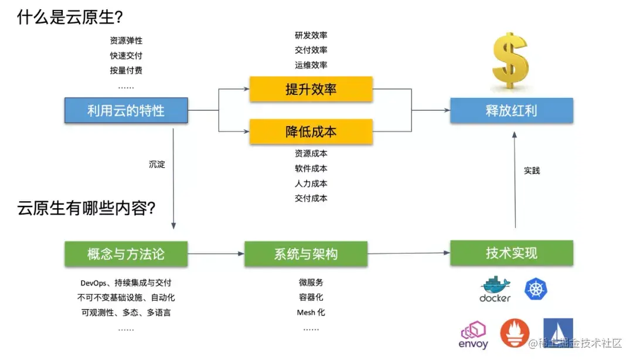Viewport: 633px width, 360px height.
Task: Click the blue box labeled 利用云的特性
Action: pos(126,110)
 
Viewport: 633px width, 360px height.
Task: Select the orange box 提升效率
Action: pos(311,89)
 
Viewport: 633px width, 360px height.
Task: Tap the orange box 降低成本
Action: pos(311,132)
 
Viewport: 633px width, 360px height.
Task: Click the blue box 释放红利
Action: pos(511,110)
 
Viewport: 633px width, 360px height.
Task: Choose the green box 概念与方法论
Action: pos(126,254)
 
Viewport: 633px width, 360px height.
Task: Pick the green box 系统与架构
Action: pos(306,254)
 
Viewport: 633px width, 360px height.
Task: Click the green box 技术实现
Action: pos(511,253)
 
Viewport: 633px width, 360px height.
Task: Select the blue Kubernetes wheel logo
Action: pos(536,288)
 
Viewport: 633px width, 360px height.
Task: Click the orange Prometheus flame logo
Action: pos(515,333)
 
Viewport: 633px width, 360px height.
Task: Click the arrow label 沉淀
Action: pos(157,165)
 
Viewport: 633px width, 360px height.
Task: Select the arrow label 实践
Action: pos(532,171)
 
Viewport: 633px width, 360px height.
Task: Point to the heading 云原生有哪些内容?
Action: pos(87,208)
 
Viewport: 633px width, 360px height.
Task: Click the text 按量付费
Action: pos(126,70)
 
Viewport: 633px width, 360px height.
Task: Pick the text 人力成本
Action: pos(311,184)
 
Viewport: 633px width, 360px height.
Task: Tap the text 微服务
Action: pos(311,283)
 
